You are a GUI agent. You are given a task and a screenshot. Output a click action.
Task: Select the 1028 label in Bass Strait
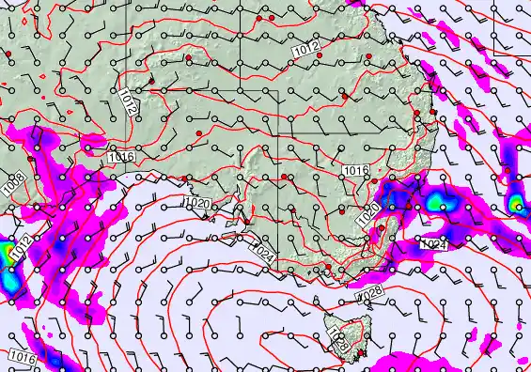[371, 294]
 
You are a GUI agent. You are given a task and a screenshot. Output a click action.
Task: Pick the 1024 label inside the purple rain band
[432, 244]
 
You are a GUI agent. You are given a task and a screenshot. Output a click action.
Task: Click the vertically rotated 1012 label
[129, 101]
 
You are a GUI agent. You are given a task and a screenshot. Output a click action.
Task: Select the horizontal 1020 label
[196, 204]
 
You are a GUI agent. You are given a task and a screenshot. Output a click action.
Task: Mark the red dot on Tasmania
[361, 353]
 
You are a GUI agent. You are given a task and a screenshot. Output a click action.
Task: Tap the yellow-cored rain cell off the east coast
[516, 203]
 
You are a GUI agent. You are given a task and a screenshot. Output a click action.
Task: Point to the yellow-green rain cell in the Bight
[8, 254]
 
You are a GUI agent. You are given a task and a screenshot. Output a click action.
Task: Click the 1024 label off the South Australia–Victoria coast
[264, 252]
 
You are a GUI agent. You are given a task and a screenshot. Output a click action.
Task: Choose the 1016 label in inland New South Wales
[355, 170]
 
